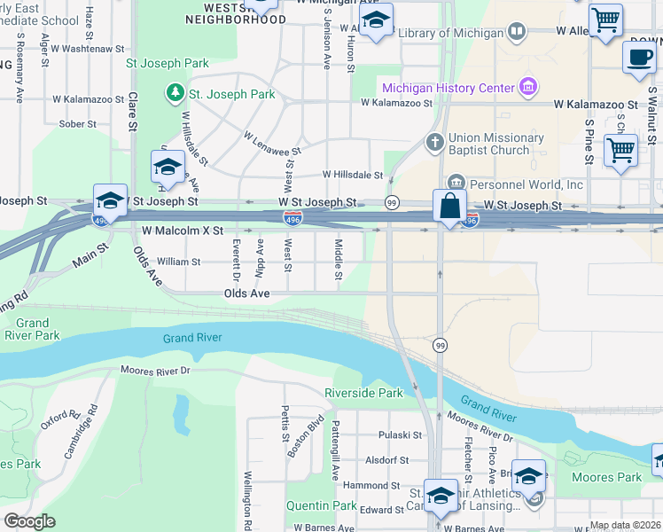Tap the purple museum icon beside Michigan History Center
click(529, 87)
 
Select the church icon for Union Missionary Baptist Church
click(434, 142)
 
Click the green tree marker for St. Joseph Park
click(175, 93)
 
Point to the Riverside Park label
click(363, 392)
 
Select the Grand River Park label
click(32, 329)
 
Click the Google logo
click(29, 521)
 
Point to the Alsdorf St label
click(387, 460)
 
